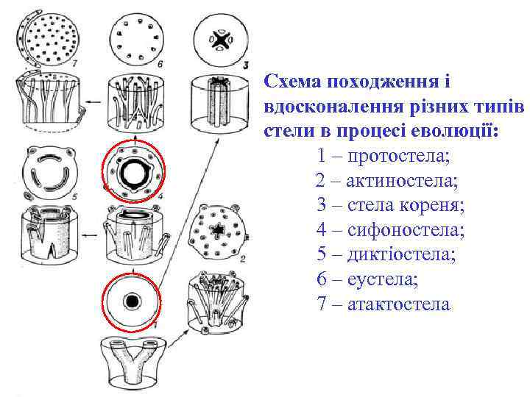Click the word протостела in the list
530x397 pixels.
tap(398, 157)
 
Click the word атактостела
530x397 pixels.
tap(399, 304)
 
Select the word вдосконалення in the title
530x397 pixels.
tap(333, 107)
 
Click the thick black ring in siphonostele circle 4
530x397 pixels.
tap(134, 172)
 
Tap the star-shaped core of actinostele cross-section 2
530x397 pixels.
tap(218, 231)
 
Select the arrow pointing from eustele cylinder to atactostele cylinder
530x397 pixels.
tap(93, 101)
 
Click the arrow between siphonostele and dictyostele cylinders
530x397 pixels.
tap(91, 235)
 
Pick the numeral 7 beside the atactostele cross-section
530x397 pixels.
tap(74, 62)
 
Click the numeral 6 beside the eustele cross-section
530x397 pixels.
tap(160, 63)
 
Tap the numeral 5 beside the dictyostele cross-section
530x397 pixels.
tap(74, 196)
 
